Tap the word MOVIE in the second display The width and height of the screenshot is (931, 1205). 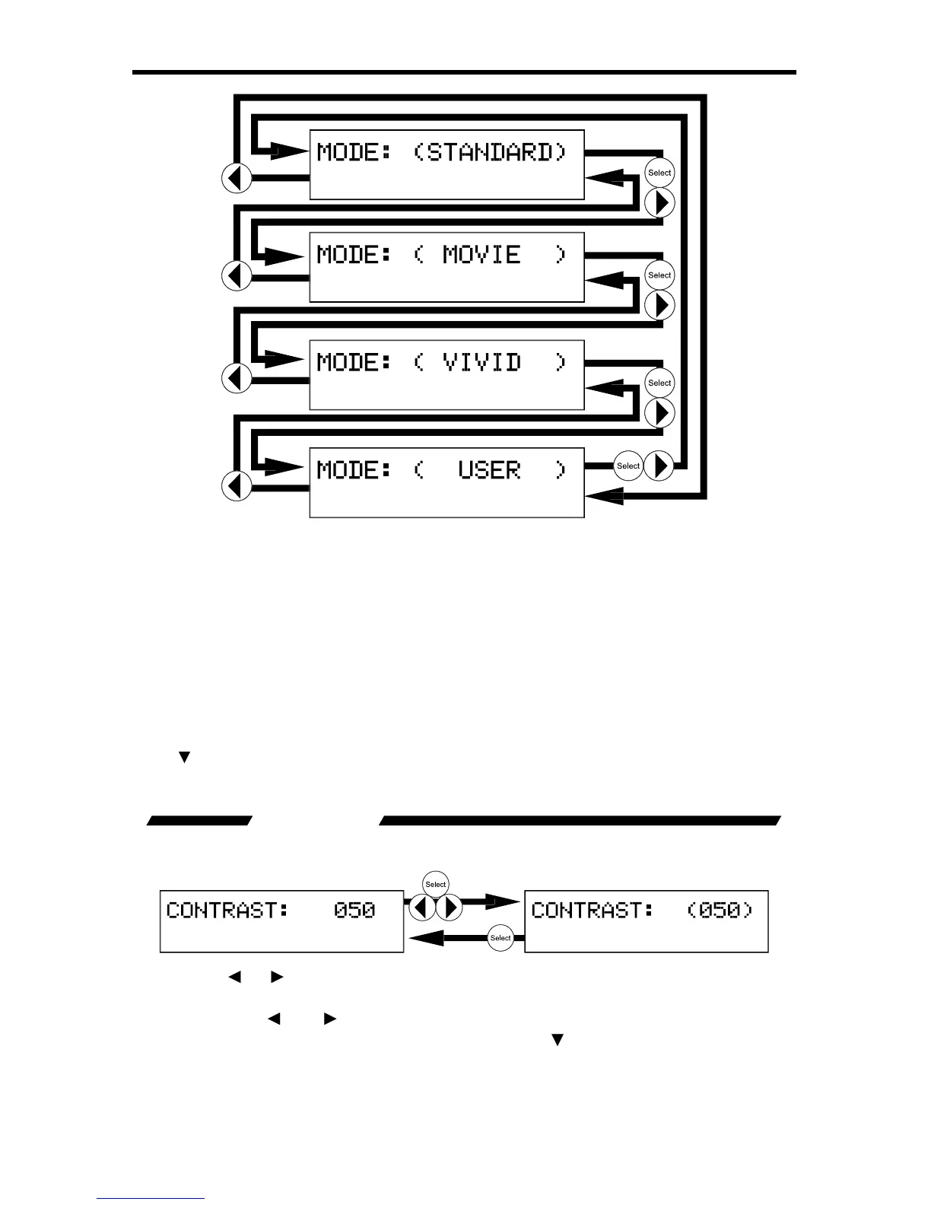coord(481,254)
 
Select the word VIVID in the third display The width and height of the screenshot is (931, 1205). coord(481,362)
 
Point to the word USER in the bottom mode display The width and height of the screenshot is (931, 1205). coord(489,470)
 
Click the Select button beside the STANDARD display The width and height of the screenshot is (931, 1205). coord(659,173)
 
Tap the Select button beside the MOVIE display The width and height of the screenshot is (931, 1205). coord(659,275)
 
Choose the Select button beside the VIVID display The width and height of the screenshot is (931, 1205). coord(659,383)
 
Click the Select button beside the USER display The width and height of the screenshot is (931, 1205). coord(628,466)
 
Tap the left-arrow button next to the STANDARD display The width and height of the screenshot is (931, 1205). coord(237,179)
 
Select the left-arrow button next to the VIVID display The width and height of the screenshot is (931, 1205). coord(237,378)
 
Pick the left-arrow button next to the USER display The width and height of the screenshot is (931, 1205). coord(237,485)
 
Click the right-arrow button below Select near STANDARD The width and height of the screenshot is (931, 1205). coord(660,202)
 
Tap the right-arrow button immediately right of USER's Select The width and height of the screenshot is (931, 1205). coord(659,466)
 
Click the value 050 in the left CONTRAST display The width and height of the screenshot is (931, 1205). coord(354,910)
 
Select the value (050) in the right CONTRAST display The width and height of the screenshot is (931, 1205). coord(720,910)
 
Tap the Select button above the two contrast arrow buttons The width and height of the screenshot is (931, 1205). coord(436,884)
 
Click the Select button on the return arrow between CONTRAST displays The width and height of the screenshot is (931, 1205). coord(500,938)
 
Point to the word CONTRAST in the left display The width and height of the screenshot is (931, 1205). coord(227,910)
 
